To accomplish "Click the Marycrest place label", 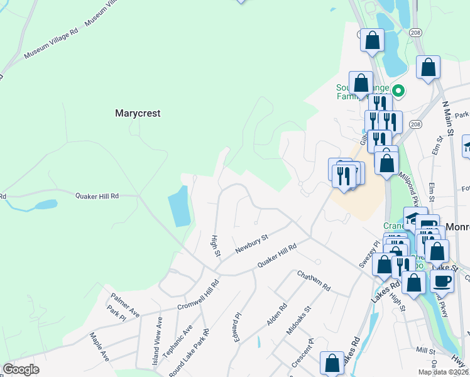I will tap(138, 114).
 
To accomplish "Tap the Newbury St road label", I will tap(251, 244).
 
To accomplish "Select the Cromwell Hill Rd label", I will tap(199, 295).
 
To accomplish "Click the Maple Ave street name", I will tap(99, 347).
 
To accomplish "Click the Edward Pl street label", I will tap(237, 327).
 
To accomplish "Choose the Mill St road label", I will tap(425, 350).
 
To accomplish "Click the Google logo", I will tap(21, 369).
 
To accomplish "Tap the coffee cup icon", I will tap(442, 281).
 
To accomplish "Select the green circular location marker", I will tap(398, 90).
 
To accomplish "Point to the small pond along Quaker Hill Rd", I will tap(46, 204).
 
